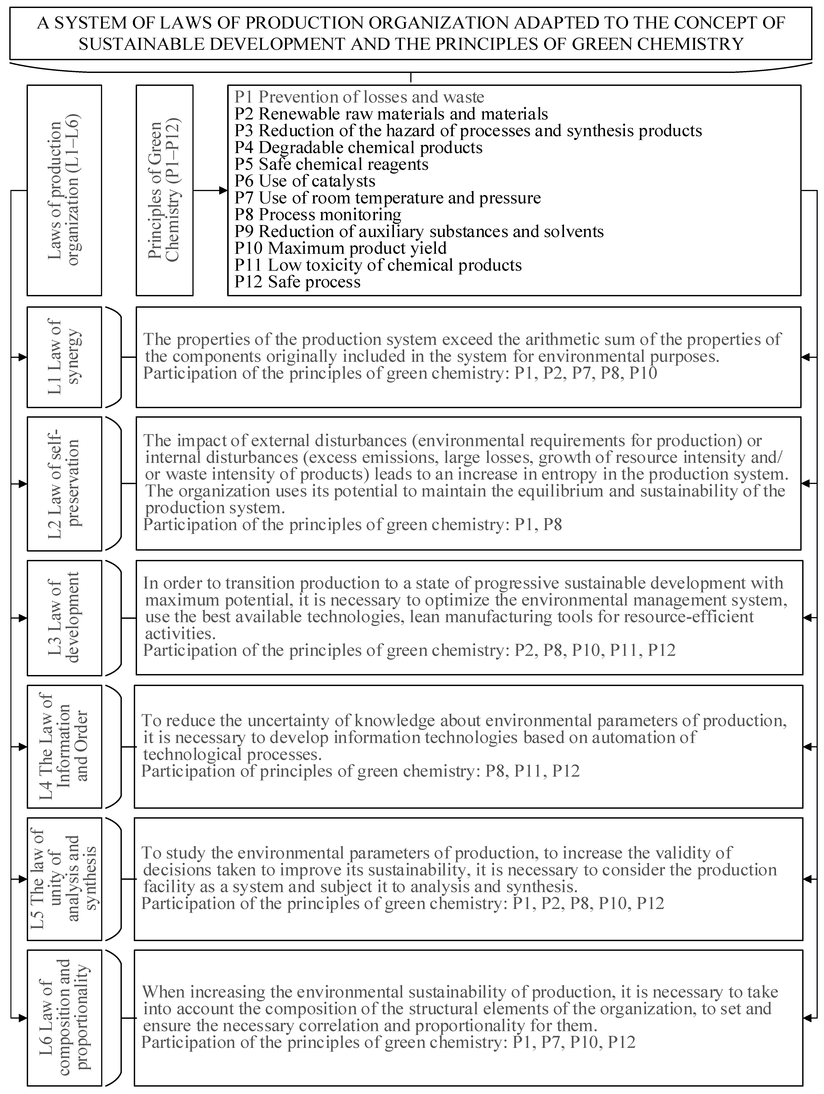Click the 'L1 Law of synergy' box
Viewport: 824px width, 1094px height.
click(x=64, y=356)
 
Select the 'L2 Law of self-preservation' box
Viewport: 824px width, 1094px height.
click(x=64, y=483)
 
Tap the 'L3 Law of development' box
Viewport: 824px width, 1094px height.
click(x=64, y=618)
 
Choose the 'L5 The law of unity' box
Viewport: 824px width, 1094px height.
click(x=64, y=879)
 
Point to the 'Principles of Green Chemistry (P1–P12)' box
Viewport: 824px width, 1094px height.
click(x=165, y=191)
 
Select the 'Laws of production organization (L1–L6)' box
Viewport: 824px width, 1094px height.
click(x=64, y=191)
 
